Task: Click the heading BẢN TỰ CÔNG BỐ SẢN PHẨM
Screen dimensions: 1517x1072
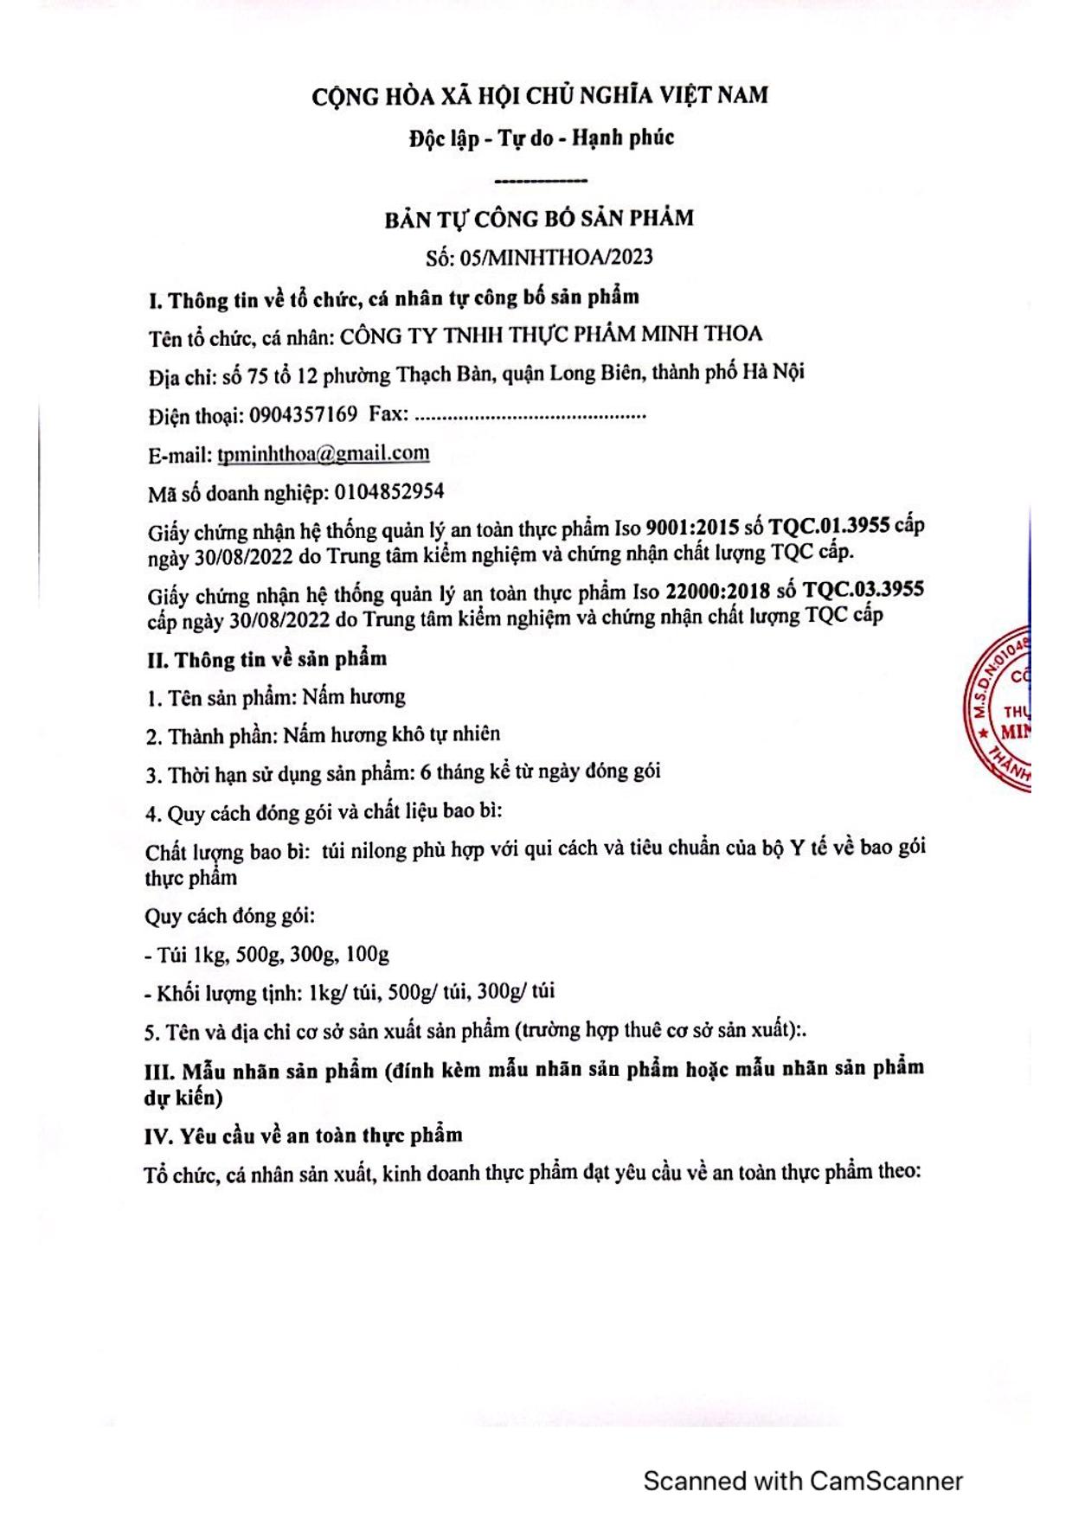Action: (x=539, y=218)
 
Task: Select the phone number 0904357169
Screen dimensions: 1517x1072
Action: (x=303, y=414)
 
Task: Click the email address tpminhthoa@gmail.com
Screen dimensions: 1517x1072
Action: (x=324, y=453)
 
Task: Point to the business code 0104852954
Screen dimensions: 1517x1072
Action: (x=388, y=492)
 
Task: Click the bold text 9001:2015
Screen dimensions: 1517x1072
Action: (x=692, y=527)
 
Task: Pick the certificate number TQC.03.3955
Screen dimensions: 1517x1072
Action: (x=863, y=590)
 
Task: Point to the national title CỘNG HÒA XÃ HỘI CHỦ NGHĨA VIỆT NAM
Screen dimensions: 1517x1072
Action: (x=540, y=95)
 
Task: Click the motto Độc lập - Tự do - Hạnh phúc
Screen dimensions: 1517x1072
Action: (x=542, y=138)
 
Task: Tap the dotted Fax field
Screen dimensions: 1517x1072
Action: (x=530, y=415)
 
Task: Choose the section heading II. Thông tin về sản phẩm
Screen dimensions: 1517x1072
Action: (x=267, y=659)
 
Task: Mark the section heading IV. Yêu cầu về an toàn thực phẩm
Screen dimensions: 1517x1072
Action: (x=304, y=1135)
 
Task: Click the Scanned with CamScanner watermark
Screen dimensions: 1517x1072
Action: (x=802, y=1481)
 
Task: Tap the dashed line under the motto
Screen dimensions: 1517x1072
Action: (x=541, y=180)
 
